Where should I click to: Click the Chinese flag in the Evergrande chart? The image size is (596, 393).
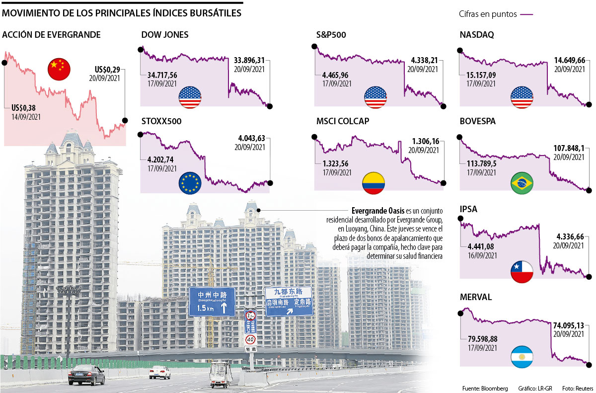coord(59,69)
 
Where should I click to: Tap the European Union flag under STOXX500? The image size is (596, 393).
coord(190,183)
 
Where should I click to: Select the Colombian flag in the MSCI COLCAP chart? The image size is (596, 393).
coord(373,183)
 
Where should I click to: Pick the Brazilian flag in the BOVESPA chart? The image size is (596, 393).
coord(522,184)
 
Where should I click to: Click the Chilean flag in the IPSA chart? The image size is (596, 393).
coord(522,271)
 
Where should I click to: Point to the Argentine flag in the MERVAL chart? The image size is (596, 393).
coord(522,357)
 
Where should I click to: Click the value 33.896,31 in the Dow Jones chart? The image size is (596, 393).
coord(249,62)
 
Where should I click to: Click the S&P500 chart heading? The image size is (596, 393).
coord(331,35)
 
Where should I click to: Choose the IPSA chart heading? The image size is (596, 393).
coord(469,209)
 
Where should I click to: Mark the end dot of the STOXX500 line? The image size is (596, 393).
coord(270,183)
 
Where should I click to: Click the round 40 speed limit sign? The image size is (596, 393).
coord(251,340)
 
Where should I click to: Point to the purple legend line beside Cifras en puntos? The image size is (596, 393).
coord(526,14)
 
